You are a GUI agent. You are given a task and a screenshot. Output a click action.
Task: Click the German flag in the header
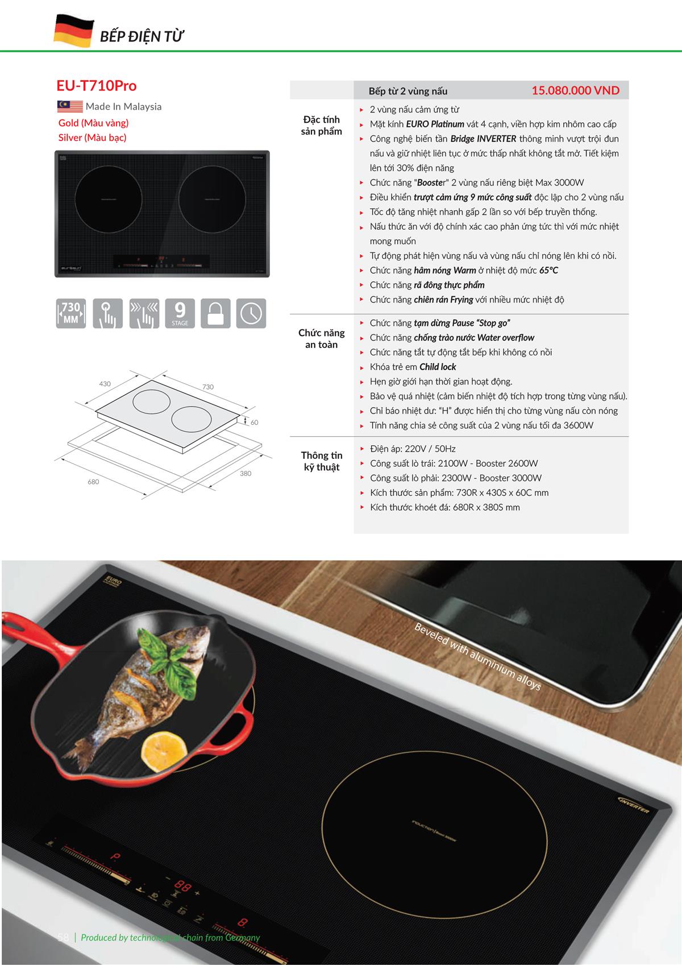[x=73, y=31]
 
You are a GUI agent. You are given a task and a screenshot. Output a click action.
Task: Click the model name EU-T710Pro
[x=96, y=86]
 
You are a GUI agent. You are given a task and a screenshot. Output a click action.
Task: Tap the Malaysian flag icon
[x=70, y=106]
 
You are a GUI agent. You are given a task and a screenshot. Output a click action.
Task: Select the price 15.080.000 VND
[x=575, y=90]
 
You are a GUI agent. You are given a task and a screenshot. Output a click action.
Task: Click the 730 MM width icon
[x=70, y=313]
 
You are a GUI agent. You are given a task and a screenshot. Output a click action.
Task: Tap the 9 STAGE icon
[x=180, y=313]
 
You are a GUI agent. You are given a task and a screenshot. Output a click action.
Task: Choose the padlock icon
[x=215, y=313]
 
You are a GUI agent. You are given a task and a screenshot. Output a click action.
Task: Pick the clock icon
[x=251, y=313]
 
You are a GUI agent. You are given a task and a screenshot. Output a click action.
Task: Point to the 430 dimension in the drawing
[x=105, y=384]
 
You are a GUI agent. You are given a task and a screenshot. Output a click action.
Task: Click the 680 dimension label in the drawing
[x=93, y=482]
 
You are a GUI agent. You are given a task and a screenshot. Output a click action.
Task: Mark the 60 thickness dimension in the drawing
[x=254, y=423]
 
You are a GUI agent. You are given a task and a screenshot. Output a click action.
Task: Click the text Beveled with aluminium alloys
[x=477, y=657]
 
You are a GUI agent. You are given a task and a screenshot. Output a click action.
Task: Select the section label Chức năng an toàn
[x=321, y=338]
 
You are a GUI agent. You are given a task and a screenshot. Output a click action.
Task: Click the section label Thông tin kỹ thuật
[x=321, y=461]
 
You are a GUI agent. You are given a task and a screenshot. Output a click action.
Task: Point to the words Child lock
[x=438, y=367]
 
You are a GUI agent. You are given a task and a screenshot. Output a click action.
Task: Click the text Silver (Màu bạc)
[x=92, y=138]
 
